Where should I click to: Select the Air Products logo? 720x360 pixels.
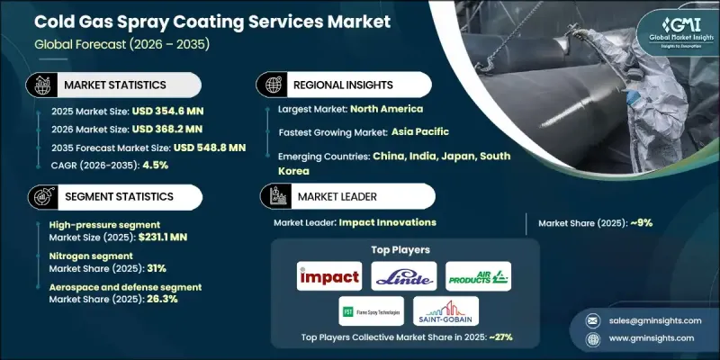click(479, 276)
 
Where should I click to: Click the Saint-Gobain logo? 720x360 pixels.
click(446, 311)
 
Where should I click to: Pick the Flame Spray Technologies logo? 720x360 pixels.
click(371, 311)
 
